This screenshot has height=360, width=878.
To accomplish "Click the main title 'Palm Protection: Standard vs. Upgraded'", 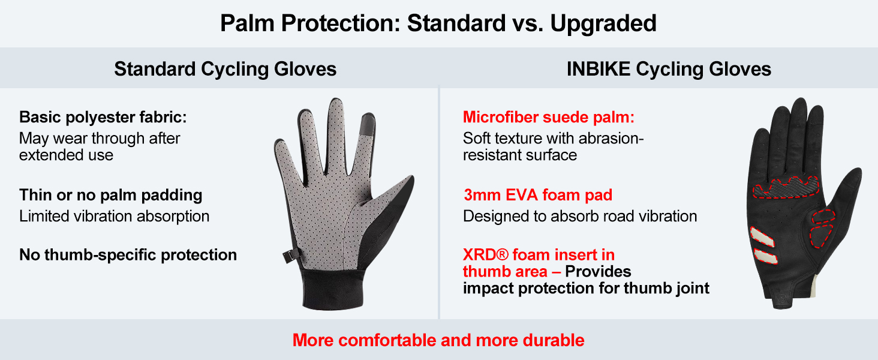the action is (x=438, y=23).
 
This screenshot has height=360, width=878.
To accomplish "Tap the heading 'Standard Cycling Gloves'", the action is (x=225, y=69).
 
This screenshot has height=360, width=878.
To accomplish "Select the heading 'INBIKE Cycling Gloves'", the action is (x=669, y=69).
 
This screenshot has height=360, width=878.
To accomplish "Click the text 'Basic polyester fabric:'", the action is (x=103, y=117).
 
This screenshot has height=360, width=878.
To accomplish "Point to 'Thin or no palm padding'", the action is (x=110, y=195).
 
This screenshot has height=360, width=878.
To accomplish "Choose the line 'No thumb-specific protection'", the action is (x=128, y=255).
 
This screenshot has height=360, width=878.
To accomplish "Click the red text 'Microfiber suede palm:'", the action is (x=548, y=117).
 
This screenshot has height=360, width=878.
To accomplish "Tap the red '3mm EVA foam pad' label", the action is (x=538, y=195).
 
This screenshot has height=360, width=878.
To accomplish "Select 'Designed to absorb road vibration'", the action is (x=580, y=216).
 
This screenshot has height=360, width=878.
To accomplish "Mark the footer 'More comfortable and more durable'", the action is (x=438, y=340).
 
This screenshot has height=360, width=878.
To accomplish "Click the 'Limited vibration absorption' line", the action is (x=114, y=216).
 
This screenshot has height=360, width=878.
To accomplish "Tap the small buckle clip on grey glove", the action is (x=290, y=256).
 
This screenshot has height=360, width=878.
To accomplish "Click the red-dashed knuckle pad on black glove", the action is (x=785, y=187).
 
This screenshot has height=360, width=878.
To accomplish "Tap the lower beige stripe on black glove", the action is (x=765, y=256).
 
